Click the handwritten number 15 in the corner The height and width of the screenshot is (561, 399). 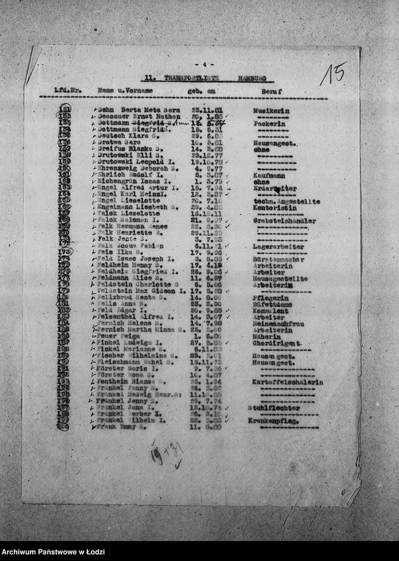[333, 73]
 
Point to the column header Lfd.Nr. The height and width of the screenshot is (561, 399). [67, 90]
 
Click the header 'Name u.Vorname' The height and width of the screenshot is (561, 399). [125, 90]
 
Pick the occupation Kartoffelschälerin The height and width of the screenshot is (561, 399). [288, 382]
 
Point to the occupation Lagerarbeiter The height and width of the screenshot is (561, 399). [279, 246]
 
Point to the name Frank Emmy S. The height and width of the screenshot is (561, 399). [119, 427]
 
